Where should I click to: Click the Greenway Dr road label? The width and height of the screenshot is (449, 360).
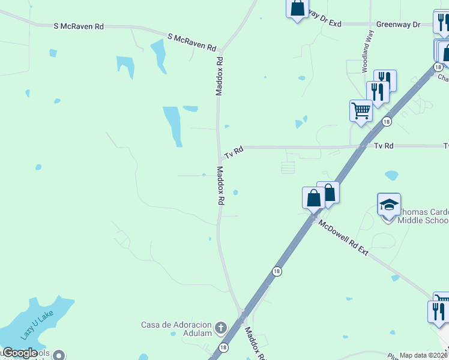pyautogui.click(x=398, y=25)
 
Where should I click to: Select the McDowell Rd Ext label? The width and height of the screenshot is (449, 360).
pyautogui.click(x=343, y=238)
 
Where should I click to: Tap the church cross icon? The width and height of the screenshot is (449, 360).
pyautogui.click(x=221, y=328)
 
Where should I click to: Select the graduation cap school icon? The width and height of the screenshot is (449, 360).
pyautogui.click(x=389, y=204)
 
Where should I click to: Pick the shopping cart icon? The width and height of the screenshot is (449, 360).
pyautogui.click(x=361, y=110)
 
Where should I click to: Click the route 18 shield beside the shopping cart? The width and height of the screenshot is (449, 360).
pyautogui.click(x=387, y=122)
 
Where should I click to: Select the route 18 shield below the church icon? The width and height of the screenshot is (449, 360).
pyautogui.click(x=223, y=347)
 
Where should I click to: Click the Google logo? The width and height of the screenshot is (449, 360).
pyautogui.click(x=20, y=353)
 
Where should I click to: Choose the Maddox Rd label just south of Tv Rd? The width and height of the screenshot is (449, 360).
pyautogui.click(x=220, y=187)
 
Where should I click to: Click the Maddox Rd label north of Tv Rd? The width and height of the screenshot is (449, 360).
pyautogui.click(x=220, y=76)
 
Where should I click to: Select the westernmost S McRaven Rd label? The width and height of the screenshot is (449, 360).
pyautogui.click(x=79, y=26)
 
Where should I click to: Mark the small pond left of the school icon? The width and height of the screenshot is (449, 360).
pyautogui.click(x=391, y=176)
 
